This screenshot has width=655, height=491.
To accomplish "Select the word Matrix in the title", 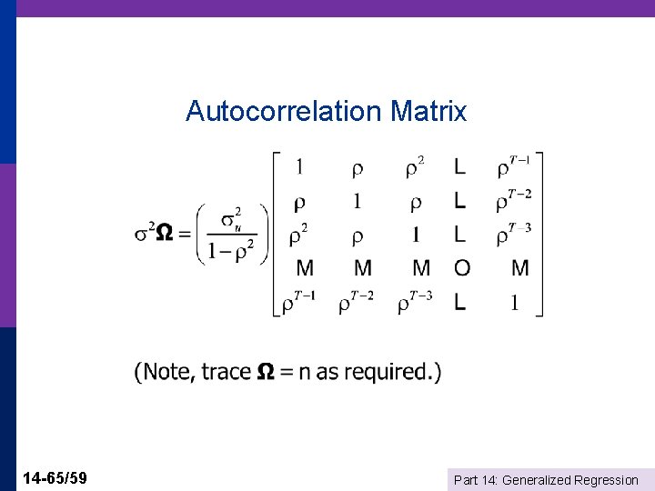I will pos(428,112).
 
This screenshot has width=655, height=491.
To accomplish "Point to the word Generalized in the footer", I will pos(537,480).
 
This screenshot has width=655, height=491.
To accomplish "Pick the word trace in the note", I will pos(226,372).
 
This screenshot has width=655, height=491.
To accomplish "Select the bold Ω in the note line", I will pos(266,372).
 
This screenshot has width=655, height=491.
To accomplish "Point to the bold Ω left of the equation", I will pos(165,233).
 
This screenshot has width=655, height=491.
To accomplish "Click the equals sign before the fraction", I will pos(185,233).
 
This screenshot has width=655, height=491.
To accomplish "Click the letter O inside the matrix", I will pos(462,268).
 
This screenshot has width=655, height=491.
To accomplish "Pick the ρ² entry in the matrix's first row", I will pos(414,167).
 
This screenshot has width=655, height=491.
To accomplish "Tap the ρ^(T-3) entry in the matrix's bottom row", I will pos(414,302).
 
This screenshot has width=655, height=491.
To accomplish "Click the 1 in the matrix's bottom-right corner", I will pos(515,303).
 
